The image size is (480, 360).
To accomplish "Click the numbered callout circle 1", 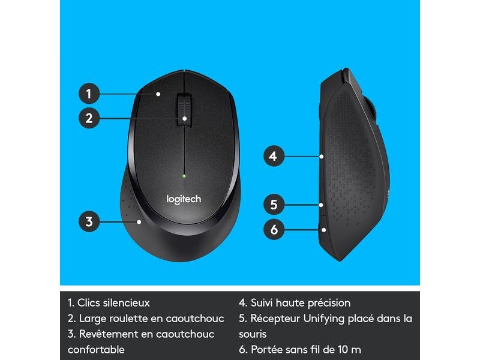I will pos(88,94).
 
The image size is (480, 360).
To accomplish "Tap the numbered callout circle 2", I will pos(88,118).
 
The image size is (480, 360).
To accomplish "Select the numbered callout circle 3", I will pos(89,221).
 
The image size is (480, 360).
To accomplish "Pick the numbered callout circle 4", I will pos(273,157).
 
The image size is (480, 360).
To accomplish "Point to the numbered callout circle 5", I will pos(273,205).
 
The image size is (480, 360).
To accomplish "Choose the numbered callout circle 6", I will pos(273,229).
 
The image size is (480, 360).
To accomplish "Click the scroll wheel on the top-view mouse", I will pos(184,107).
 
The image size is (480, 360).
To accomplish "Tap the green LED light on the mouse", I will pos(184,176).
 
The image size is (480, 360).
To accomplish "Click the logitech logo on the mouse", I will pos(183,199).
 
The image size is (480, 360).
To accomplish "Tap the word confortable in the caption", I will pos(96,349).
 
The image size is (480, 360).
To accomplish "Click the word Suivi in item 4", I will pos(262,303).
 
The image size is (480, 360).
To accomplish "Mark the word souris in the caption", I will pos(253,334).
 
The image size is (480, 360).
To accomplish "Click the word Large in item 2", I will pos(91,318).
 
